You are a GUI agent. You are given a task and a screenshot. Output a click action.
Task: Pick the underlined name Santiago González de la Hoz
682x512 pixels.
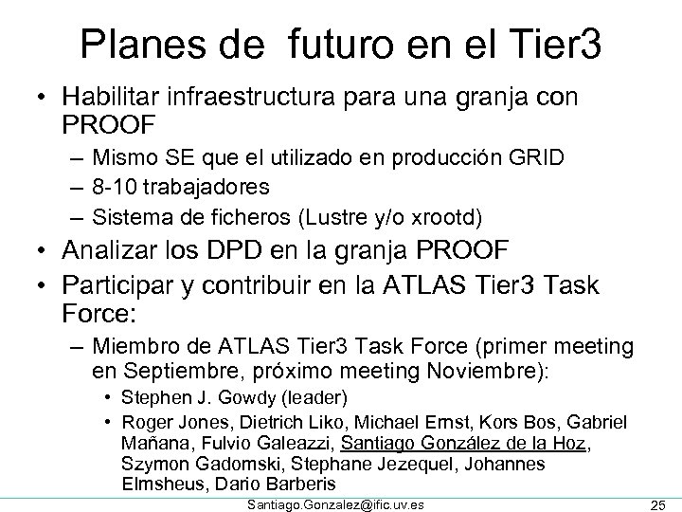pos(466,442)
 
